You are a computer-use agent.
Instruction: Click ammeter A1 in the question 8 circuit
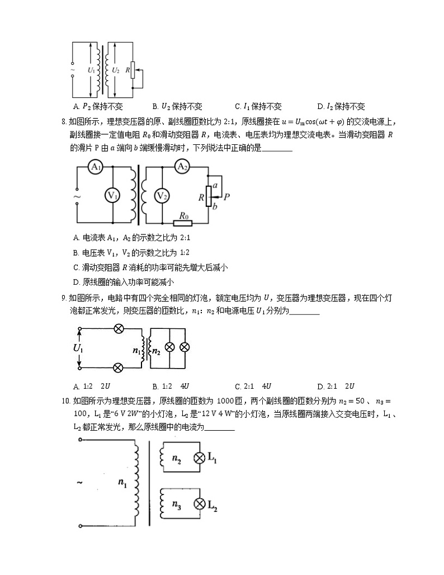tap(96, 167)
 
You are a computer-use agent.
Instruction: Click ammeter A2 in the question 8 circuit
tap(181, 167)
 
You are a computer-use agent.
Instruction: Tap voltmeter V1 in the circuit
tap(113, 195)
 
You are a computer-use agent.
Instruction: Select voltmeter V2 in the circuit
tap(162, 195)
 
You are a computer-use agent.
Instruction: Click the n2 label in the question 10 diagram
tap(177, 459)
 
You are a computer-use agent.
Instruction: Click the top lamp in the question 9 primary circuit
tap(119, 328)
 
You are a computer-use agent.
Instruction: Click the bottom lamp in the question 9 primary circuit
tap(119, 367)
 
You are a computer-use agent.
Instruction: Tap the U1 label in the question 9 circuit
tap(78, 348)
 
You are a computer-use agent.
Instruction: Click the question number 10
tap(65, 401)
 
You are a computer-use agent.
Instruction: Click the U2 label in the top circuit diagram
tap(116, 70)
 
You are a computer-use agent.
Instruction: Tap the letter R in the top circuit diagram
tap(128, 71)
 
